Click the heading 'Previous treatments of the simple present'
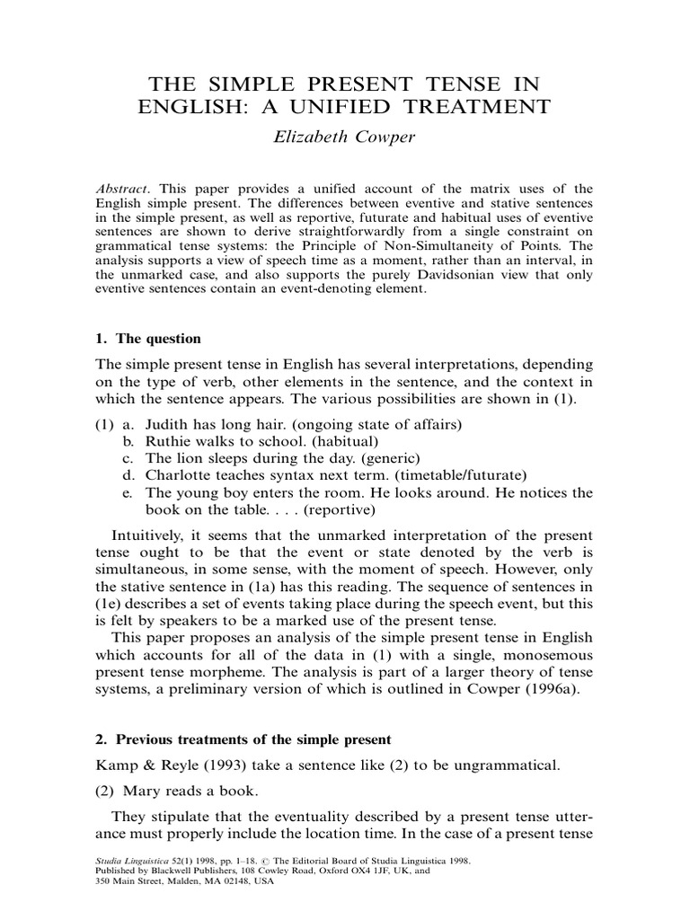[251, 739]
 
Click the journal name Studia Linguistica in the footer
[134, 860]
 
